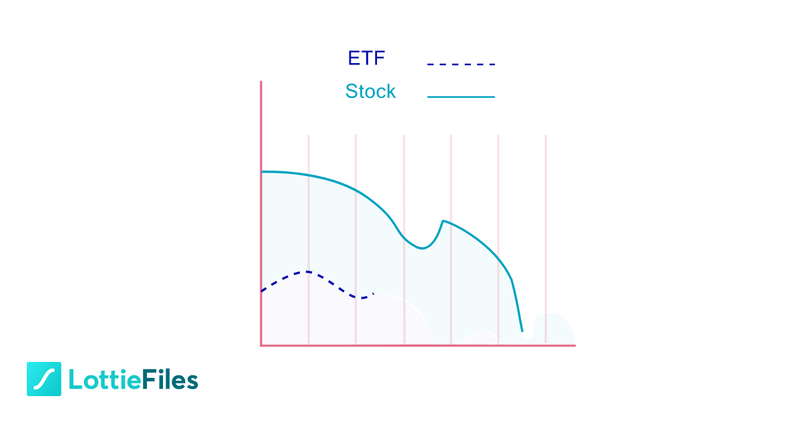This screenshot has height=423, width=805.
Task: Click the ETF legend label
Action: pyautogui.click(x=366, y=58)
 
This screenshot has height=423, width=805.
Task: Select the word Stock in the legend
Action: pyautogui.click(x=370, y=91)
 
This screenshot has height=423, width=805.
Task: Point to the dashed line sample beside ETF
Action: pyautogui.click(x=461, y=64)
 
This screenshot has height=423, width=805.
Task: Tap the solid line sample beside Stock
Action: pyautogui.click(x=461, y=97)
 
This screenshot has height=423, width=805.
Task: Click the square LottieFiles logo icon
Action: pyautogui.click(x=44, y=379)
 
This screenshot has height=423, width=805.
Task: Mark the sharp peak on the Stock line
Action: pyautogui.click(x=443, y=220)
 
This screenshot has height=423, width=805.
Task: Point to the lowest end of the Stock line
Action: pyautogui.click(x=522, y=331)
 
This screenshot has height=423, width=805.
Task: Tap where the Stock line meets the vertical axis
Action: pyautogui.click(x=262, y=172)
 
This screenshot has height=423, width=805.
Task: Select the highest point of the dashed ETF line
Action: pyautogui.click(x=307, y=271)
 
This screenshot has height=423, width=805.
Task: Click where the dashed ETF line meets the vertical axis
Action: pyautogui.click(x=262, y=291)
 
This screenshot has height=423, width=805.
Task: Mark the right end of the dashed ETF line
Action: pyautogui.click(x=373, y=293)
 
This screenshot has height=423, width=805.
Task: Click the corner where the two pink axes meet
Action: pyautogui.click(x=261, y=346)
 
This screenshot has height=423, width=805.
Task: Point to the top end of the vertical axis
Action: pyautogui.click(x=261, y=82)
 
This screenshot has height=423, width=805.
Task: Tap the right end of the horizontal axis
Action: pyautogui.click(x=574, y=346)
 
